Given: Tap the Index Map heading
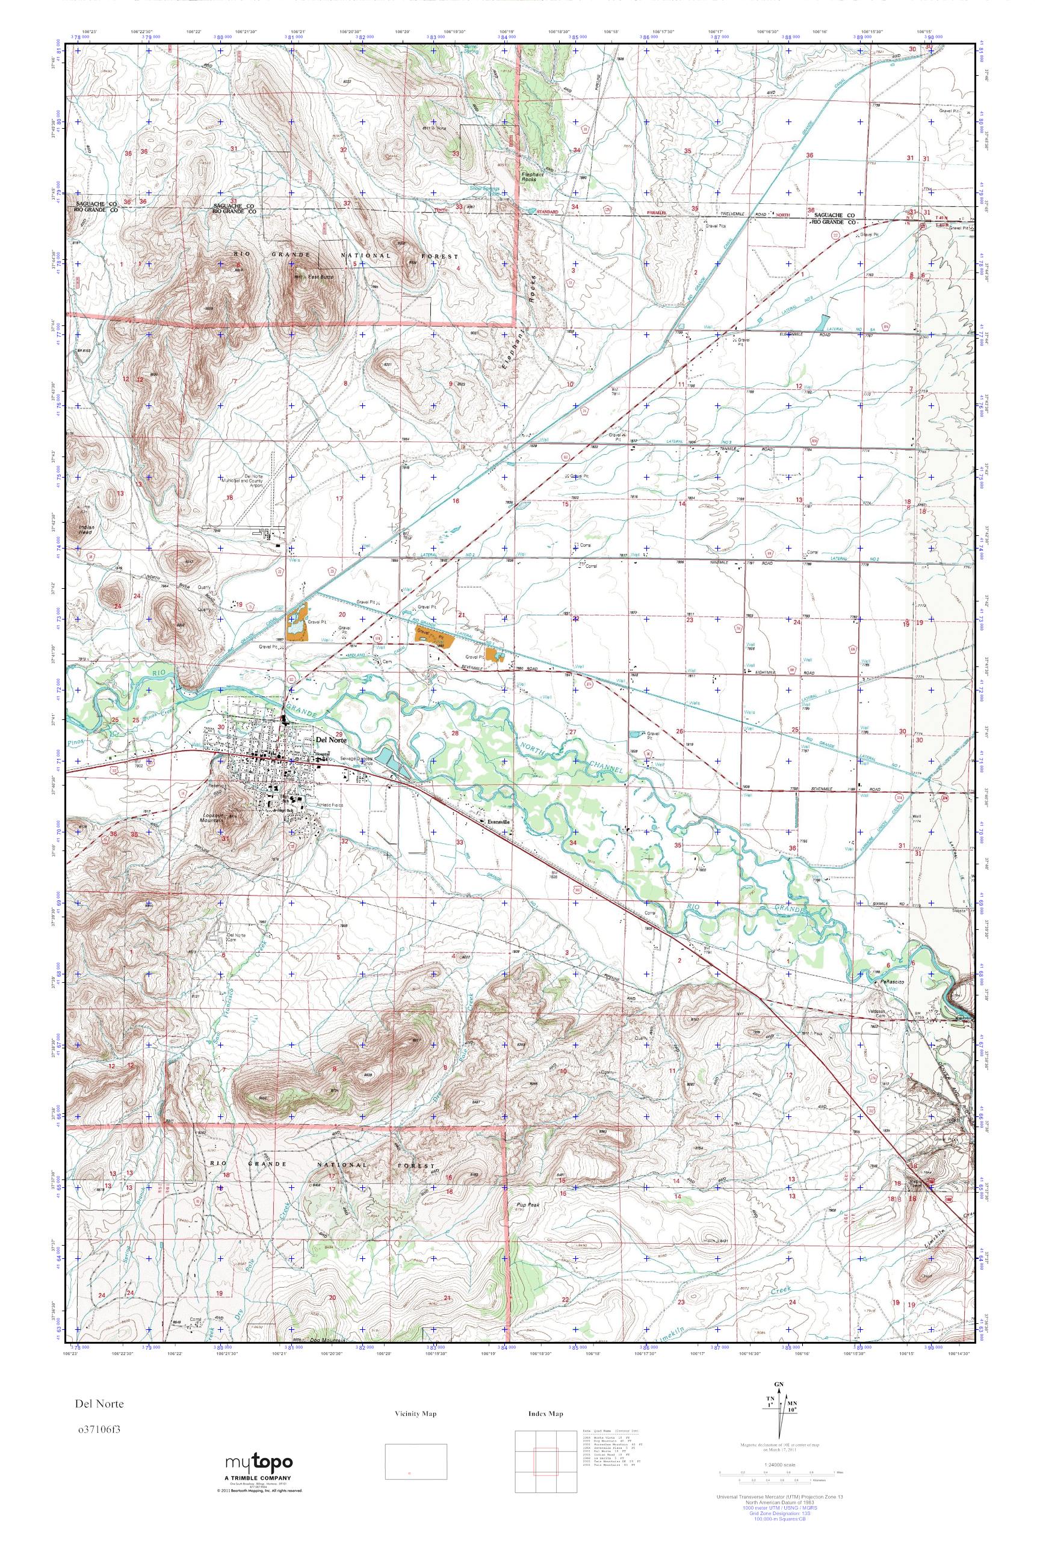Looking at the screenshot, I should tap(546, 1414).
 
